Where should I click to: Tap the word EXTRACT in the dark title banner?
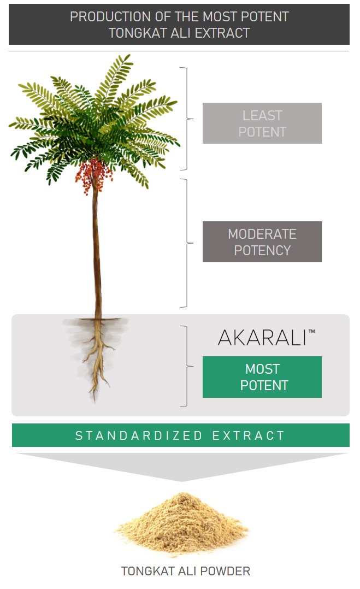point(222,33)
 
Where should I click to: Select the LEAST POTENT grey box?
point(262,123)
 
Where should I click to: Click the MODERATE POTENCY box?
point(262,242)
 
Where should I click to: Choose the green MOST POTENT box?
point(262,377)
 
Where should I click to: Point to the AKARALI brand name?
point(262,337)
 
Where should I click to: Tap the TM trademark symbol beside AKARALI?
point(311,331)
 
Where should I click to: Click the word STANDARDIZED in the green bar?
point(139,435)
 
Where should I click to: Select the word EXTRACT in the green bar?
point(249,435)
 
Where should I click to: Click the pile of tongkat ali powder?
point(182,524)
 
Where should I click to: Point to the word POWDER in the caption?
point(225,571)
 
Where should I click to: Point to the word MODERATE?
point(262,234)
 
